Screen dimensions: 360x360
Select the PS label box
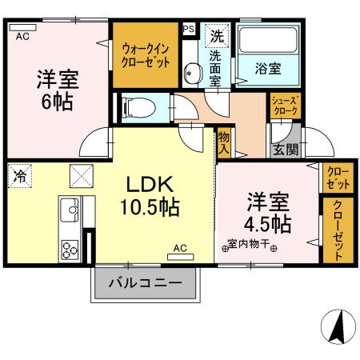point(188,29)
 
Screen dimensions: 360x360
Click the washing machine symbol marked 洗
point(217,35)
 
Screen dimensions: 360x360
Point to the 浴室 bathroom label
point(268,69)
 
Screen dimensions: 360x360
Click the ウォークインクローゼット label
point(145,54)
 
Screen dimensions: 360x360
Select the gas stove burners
point(69,247)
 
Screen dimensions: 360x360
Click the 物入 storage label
point(224,143)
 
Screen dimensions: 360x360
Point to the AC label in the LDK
point(180,248)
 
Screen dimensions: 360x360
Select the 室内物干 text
point(249,244)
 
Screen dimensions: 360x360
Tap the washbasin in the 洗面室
point(193,75)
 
